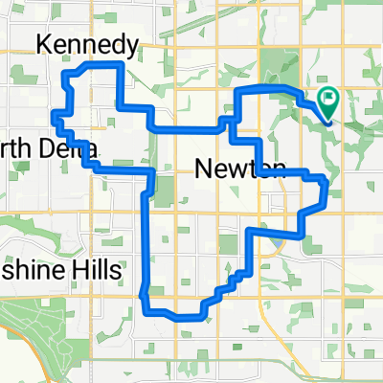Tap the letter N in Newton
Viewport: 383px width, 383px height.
tap(203, 169)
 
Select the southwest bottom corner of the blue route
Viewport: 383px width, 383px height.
tap(146, 308)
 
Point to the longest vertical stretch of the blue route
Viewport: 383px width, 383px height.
tap(146, 239)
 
